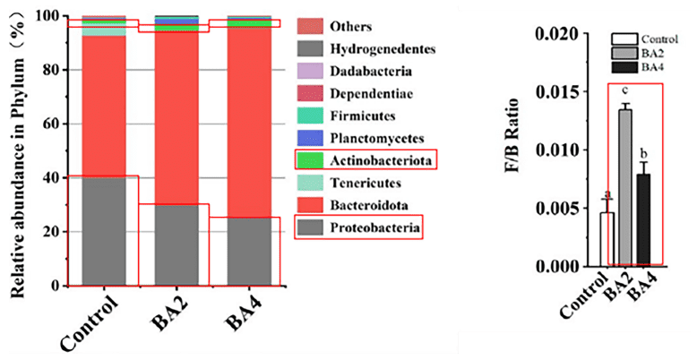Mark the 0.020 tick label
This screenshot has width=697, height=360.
click(555, 34)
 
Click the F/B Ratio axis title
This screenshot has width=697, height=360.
click(518, 150)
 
